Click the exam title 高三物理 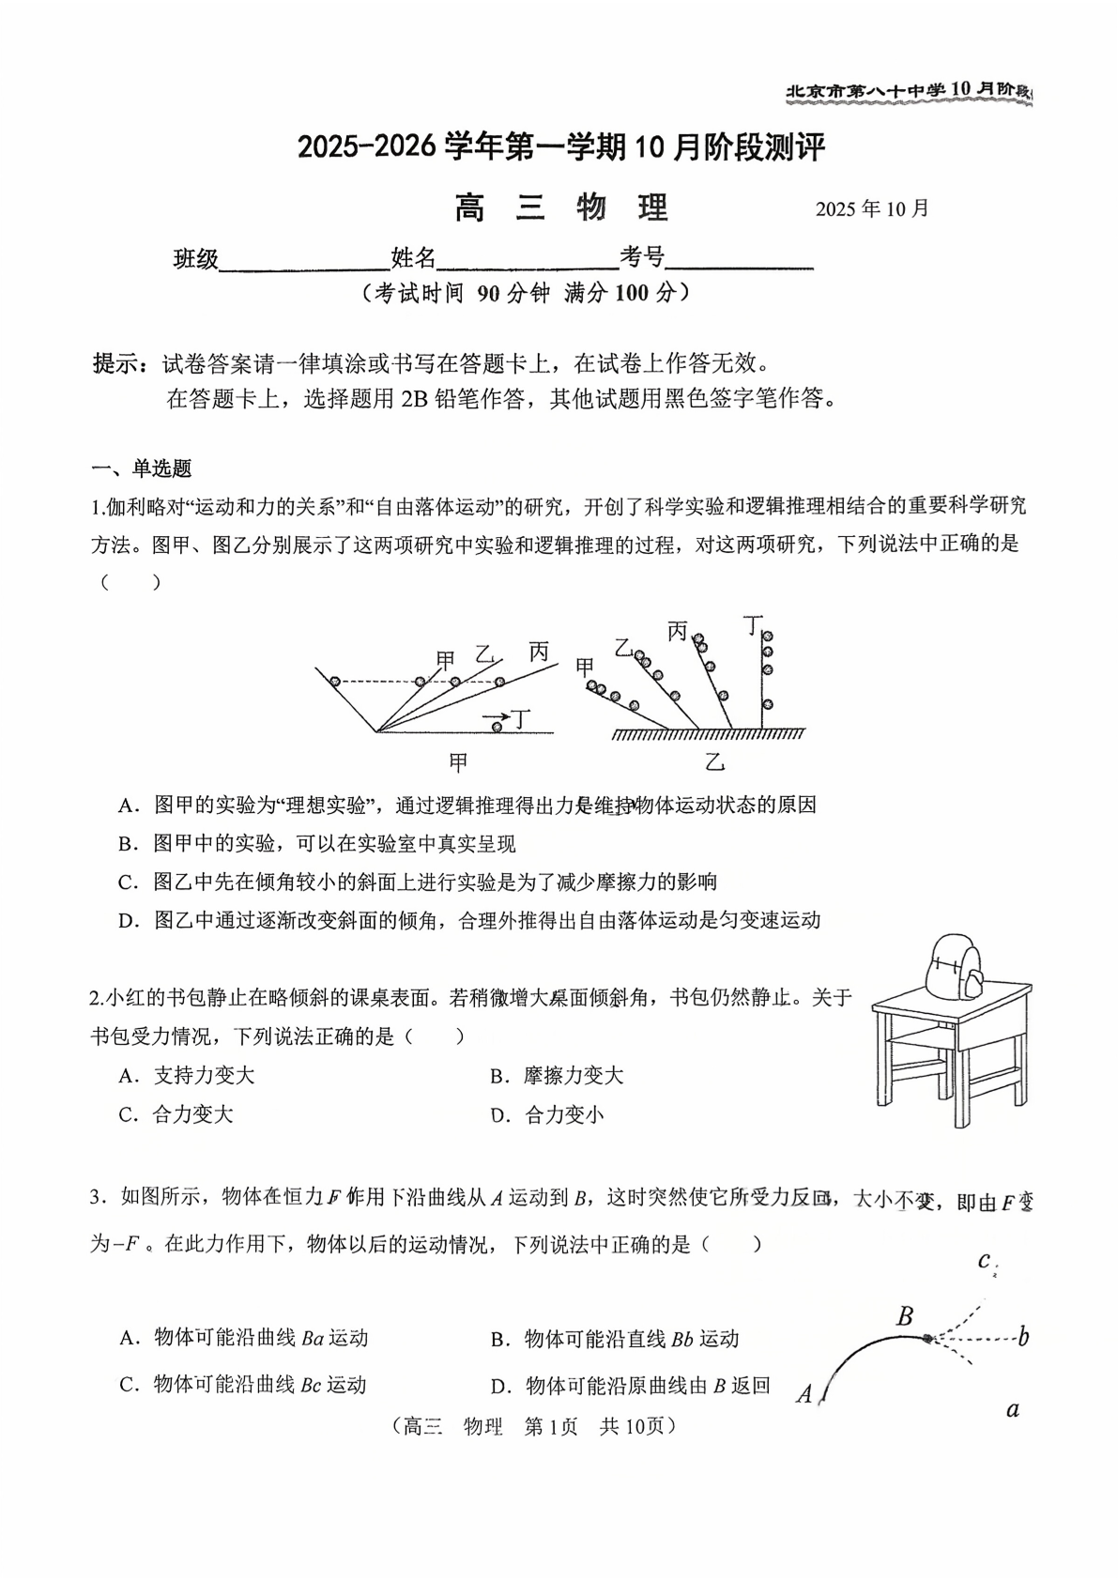[560, 207]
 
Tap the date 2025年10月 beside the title [871, 208]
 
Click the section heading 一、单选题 [141, 468]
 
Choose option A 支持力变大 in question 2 [187, 1076]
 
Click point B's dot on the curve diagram [927, 1338]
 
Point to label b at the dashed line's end [1023, 1337]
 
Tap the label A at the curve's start [804, 1394]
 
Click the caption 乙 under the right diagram [715, 762]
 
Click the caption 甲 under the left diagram [457, 762]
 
